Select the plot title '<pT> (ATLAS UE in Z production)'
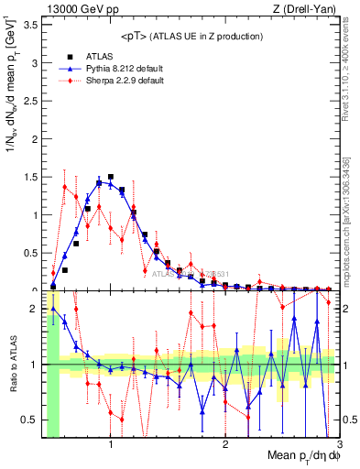tap(191, 36)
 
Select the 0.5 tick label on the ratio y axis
tap(33, 420)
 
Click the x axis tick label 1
tap(111, 445)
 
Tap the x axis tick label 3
tap(338, 445)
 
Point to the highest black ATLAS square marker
tap(111, 177)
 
